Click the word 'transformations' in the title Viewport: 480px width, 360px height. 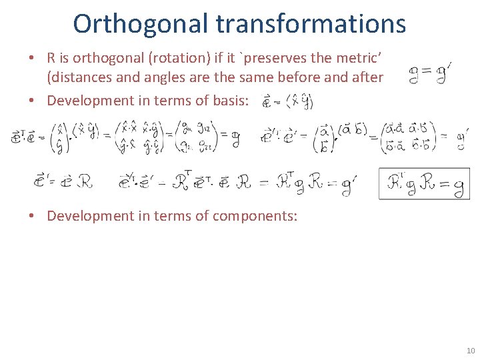[x=311, y=23]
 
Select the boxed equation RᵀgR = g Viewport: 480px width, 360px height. [x=423, y=184]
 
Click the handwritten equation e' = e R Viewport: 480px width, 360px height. [x=64, y=181]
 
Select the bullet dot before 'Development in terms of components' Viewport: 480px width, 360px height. [x=31, y=216]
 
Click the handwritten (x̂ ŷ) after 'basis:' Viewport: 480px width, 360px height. [x=299, y=102]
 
